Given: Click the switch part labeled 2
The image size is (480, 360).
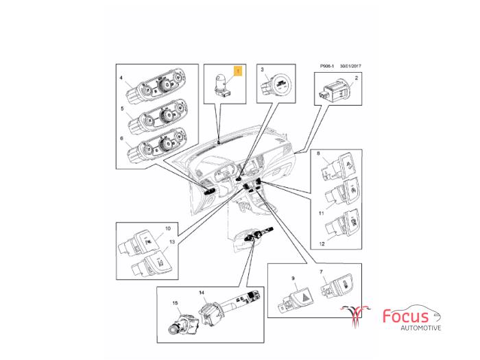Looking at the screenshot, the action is (337, 89).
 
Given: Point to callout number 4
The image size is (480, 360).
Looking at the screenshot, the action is (121, 78).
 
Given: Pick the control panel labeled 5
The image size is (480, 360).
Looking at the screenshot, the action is (157, 117).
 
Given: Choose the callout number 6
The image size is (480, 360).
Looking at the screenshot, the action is (121, 139).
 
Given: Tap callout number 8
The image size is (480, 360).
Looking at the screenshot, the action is (319, 154).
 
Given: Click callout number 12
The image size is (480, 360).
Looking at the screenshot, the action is (322, 244).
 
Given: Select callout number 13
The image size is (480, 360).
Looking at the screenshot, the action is (172, 242).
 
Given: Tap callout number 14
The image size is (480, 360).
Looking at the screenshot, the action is (202, 293).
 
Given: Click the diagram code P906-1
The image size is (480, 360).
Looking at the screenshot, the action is (327, 66).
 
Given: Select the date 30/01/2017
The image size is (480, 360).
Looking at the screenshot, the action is (350, 66).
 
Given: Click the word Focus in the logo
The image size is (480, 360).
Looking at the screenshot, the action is (405, 316).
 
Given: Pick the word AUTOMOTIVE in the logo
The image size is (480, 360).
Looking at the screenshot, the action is (421, 328).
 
